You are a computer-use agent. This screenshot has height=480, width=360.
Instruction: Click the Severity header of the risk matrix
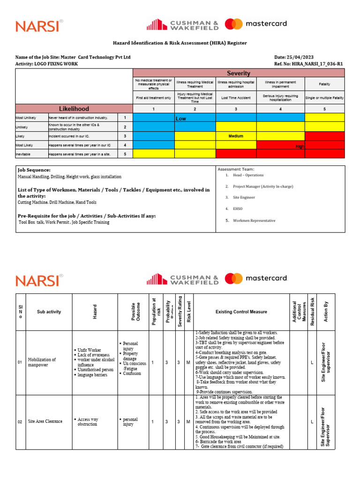239,73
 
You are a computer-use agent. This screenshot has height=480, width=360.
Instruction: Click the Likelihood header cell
74,109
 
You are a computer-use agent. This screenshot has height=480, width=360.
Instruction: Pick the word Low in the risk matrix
181,119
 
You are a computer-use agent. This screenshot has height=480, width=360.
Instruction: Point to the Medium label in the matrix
236,136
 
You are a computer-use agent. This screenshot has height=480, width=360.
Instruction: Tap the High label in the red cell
300,146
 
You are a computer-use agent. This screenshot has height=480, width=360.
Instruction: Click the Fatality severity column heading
324,84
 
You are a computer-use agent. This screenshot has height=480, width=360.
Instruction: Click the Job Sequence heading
34,170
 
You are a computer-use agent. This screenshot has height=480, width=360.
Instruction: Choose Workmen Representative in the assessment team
254,220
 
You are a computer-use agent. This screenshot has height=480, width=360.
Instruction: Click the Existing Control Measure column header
241,312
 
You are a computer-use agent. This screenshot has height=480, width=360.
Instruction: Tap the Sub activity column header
49,312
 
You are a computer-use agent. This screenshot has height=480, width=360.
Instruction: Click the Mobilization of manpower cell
42,363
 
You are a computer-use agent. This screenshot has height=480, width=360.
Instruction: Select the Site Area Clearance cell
45,421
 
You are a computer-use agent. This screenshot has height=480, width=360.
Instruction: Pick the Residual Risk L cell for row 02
312,422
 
